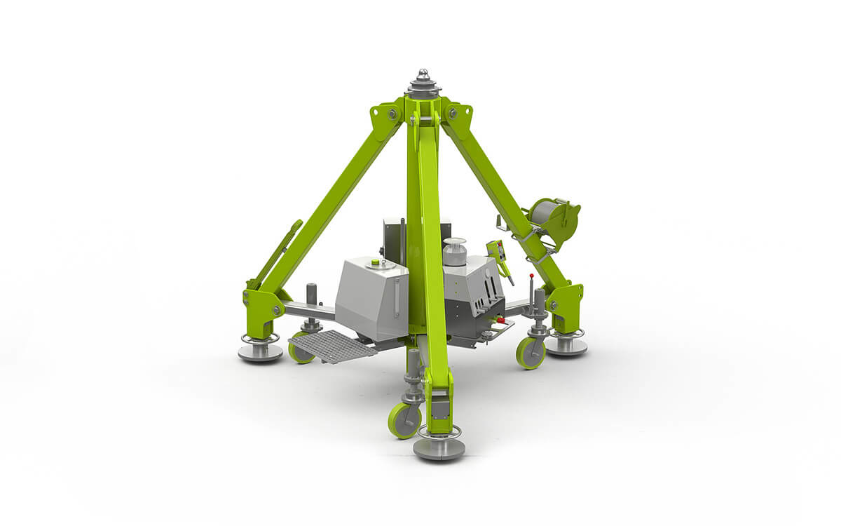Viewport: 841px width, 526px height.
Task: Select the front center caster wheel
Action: coord(404,420)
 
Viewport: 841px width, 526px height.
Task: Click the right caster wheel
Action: coord(531,352)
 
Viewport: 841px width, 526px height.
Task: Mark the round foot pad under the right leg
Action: coord(566,345)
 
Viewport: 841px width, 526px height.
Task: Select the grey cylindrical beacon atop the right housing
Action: coord(455,252)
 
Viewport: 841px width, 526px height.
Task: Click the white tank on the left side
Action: coord(371,298)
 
